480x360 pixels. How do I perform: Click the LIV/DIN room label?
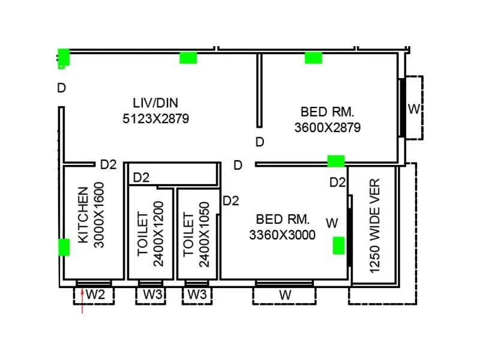[x=155, y=103]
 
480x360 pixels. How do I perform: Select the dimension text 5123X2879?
[x=155, y=119]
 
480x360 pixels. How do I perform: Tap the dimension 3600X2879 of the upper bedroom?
[x=327, y=128]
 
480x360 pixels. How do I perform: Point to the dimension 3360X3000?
[x=282, y=235]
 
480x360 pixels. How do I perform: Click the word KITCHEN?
[x=83, y=215]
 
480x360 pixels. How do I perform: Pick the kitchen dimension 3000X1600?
[x=100, y=215]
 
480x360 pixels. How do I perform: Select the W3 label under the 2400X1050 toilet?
[x=196, y=295]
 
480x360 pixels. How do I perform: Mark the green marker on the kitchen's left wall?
[x=63, y=247]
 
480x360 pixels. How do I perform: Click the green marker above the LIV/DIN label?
[x=188, y=58]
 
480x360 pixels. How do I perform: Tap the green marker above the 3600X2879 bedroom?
[x=313, y=58]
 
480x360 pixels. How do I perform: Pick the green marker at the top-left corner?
[x=63, y=58]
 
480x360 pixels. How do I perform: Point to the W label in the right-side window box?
[x=414, y=109]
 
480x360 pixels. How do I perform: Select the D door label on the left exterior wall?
[x=61, y=88]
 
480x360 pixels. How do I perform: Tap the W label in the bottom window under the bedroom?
[x=286, y=295]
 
